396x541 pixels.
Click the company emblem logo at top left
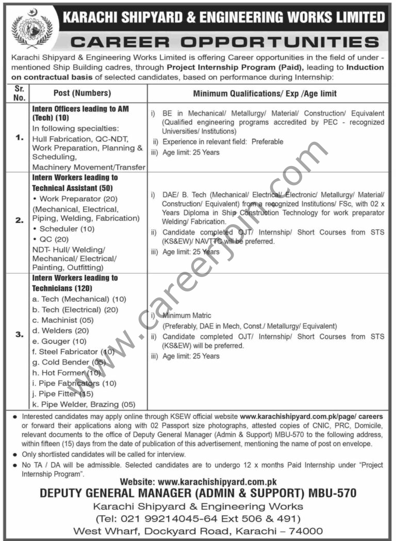31,28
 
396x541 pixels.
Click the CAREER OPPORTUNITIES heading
224,42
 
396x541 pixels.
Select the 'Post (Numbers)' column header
82,93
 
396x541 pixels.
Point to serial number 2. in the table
19,220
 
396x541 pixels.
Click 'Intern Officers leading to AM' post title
80,109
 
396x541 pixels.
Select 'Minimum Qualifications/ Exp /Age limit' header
265,93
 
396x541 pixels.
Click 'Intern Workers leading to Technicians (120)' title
75,283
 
